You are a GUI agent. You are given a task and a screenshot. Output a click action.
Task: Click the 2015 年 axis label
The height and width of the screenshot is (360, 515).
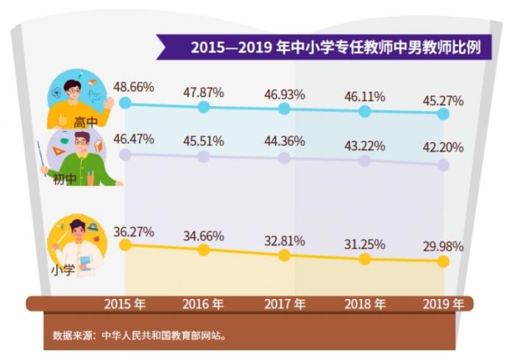coord(125,303)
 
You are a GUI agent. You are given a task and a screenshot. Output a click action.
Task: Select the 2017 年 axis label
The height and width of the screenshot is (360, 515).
coord(284,303)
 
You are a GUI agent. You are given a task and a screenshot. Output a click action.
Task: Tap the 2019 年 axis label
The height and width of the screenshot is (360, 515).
coord(443,303)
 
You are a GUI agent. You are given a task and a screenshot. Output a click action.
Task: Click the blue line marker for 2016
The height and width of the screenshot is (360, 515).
coord(205,107)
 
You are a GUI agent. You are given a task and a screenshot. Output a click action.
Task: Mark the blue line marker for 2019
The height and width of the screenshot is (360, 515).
coord(443,115)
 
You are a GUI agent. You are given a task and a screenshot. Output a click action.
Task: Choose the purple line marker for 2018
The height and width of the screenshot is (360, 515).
coord(364,162)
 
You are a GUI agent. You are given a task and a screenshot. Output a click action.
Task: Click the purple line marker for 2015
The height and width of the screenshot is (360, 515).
coord(125,155)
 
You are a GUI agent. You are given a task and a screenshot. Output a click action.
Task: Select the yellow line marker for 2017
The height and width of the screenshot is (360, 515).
coord(284,255)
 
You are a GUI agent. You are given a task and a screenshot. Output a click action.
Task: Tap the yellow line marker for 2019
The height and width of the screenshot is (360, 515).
coord(443,261)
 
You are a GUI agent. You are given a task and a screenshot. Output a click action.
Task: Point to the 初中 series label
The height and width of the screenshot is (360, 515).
coord(64,179)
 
